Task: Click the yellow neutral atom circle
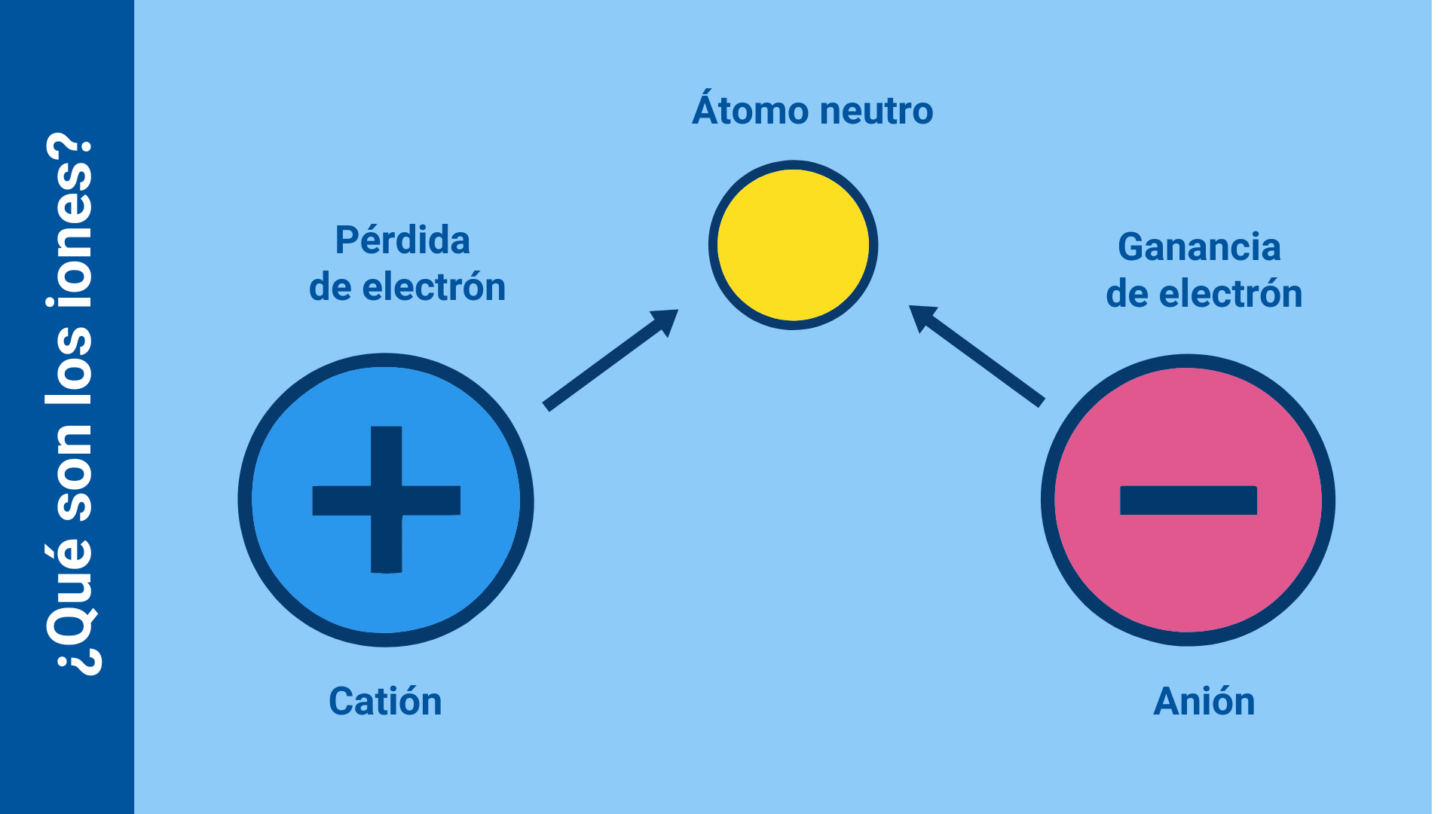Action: pyautogui.click(x=793, y=245)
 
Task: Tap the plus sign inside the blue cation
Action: pyautogui.click(x=386, y=500)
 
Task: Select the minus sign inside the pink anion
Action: pyautogui.click(x=1188, y=500)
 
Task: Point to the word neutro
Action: pyautogui.click(x=876, y=112)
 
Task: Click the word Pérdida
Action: pyautogui.click(x=402, y=240)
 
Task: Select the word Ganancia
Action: pyautogui.click(x=1199, y=247)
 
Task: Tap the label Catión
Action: pyautogui.click(x=385, y=701)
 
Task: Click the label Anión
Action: pyautogui.click(x=1204, y=701)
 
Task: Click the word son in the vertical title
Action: pyautogui.click(x=69, y=471)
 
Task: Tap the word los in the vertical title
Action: pyautogui.click(x=69, y=366)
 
